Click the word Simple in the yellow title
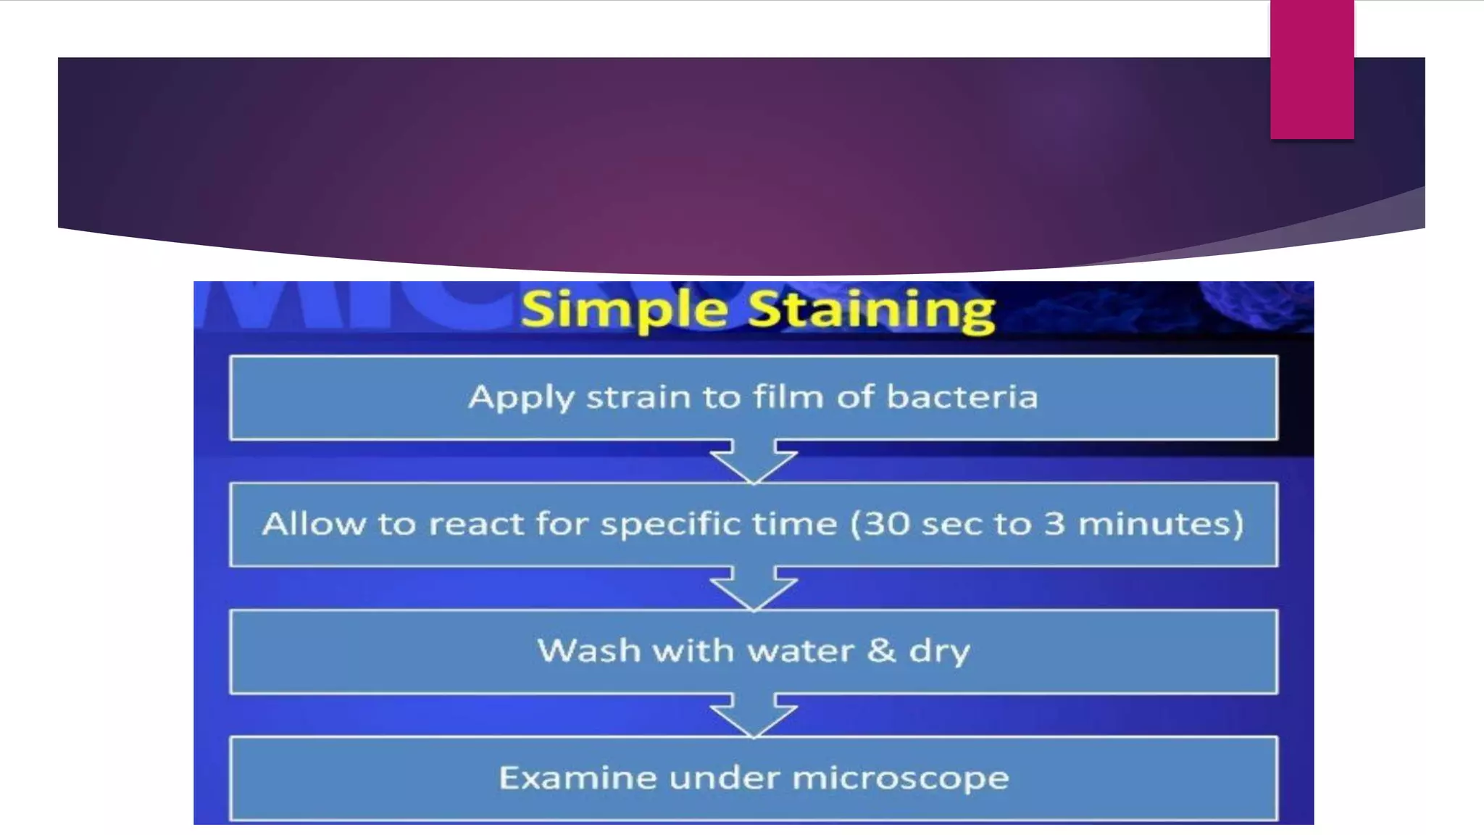[x=624, y=310]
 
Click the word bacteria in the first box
[x=962, y=397]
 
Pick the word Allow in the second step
[x=314, y=524]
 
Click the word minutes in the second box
[x=1159, y=524]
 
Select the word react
[x=476, y=524]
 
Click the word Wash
[x=588, y=650]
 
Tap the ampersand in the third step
[x=881, y=650]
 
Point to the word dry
[x=939, y=652]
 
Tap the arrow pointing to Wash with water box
[x=754, y=588]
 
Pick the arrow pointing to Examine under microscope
[x=754, y=715]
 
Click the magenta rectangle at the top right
[x=1312, y=69]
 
